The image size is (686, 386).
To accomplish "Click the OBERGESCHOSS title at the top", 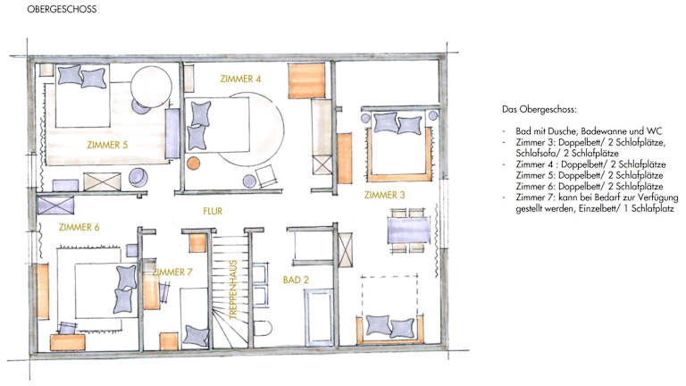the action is pos(62,9).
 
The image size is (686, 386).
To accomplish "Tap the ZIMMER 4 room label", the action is pos(240,79).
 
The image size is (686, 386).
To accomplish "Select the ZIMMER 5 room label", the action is pos(107,145).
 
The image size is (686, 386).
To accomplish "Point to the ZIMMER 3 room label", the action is pos(385,195).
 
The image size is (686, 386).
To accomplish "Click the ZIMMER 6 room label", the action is pos(79,227).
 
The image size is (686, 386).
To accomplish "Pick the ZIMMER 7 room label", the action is pos(172,273).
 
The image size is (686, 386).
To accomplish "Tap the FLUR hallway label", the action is pos(213,211).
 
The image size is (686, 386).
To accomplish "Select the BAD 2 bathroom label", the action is pos(296,280).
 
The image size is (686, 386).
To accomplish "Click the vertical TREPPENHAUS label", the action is pos(233,289).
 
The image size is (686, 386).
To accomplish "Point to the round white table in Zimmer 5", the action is pos(151,86).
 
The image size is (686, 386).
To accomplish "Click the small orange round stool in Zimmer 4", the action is pos(193,164).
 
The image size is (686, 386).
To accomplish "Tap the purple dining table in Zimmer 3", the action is pos(408,231).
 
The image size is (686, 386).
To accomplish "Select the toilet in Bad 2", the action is pos(262,327).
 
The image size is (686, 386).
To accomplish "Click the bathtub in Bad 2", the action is pos(320,317).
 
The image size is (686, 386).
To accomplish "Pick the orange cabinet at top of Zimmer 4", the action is pos(306,80).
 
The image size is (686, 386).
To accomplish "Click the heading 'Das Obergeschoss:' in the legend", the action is pos(539,109).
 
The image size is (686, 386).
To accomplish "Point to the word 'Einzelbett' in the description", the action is pos(599,209).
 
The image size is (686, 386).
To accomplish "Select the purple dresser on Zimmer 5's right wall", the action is pos(172,134).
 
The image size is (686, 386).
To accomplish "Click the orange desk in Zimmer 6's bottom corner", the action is pos(67,343).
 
